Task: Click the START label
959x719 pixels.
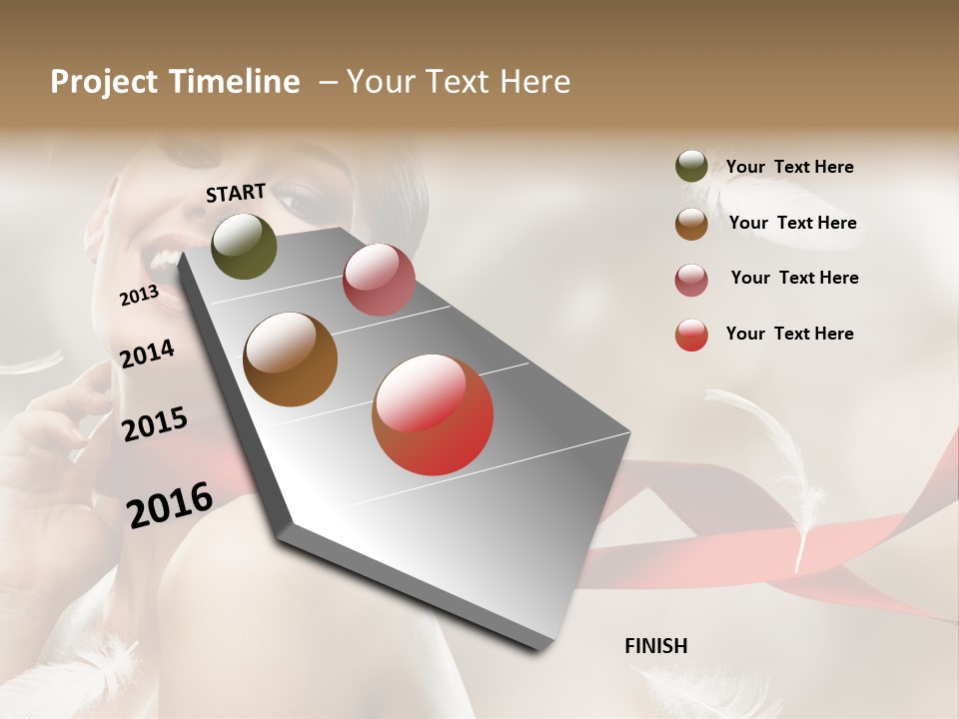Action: pos(236,193)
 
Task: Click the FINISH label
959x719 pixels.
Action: pos(656,646)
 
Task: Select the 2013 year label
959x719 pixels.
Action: pos(139,296)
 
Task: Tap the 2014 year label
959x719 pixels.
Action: pos(147,354)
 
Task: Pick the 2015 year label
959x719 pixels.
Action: pos(155,424)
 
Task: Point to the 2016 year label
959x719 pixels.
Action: pos(170,504)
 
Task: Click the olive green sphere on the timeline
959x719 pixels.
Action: pos(245,246)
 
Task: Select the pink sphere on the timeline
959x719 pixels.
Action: pos(379,280)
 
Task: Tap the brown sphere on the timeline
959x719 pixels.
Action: pos(291,359)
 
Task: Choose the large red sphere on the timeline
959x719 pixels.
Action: pos(433,414)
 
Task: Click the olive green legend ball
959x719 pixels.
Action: pos(691,167)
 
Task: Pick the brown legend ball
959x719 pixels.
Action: pos(691,223)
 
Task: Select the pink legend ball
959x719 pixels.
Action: pos(691,279)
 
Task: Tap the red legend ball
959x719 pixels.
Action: pos(691,335)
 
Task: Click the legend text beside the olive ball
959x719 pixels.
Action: pos(789,167)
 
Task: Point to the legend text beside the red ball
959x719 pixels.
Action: pos(789,334)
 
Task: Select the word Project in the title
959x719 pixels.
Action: pos(104,82)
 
